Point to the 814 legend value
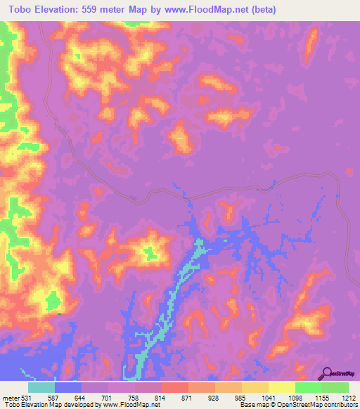pos(162,398)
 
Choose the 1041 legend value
pos(269,398)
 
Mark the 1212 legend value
pos(349,398)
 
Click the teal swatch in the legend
pos(41,387)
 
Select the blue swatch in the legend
pos(68,387)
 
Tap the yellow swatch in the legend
pos(282,387)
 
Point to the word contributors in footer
pos(340,405)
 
